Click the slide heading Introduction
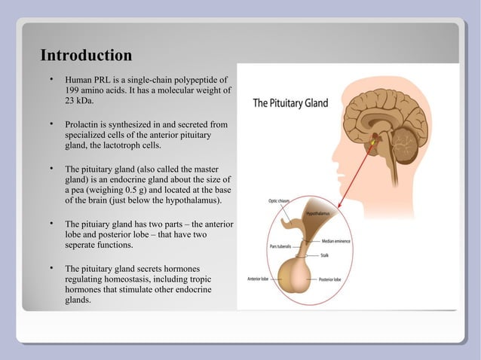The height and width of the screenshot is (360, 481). coord(86,56)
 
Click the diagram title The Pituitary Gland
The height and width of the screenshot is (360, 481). coord(290,103)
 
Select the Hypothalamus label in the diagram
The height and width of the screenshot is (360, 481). coord(319,215)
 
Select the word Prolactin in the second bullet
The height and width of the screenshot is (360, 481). coord(84,123)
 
